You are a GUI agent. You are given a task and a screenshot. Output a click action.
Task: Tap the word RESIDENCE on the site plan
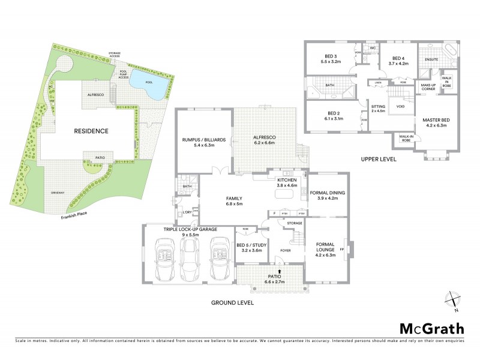click(x=91, y=130)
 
